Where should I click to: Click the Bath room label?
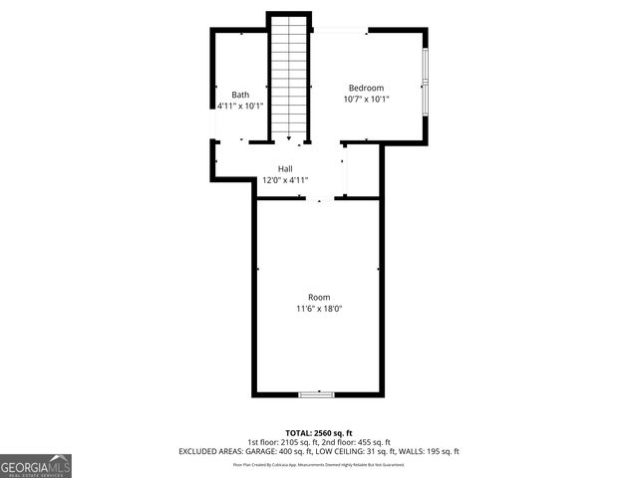(240, 95)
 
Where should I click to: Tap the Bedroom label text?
(366, 88)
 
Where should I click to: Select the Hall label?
(285, 169)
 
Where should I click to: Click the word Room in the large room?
(319, 297)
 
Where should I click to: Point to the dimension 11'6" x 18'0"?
(319, 309)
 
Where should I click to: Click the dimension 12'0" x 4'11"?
(285, 180)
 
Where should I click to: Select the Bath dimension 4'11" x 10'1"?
(240, 106)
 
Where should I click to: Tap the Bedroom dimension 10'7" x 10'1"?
(366, 99)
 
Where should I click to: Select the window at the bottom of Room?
(317, 394)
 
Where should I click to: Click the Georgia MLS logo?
(36, 465)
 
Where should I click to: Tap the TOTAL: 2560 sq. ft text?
(319, 432)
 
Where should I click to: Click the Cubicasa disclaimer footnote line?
(319, 464)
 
